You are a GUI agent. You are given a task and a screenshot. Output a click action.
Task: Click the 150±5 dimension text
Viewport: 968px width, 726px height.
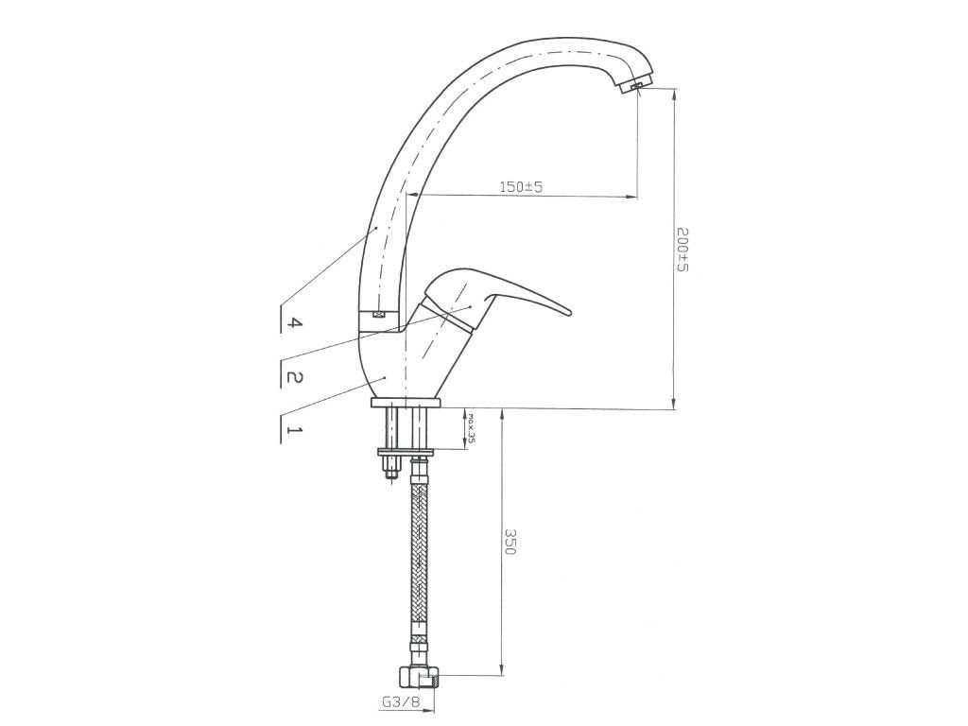(x=520, y=186)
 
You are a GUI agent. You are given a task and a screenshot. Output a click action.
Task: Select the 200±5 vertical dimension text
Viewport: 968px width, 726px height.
(x=683, y=250)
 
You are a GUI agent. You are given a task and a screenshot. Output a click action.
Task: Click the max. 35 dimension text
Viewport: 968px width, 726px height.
(x=471, y=428)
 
